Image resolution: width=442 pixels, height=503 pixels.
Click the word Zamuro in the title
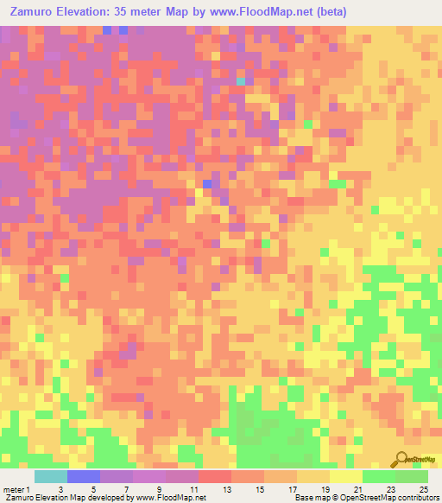tap(35, 12)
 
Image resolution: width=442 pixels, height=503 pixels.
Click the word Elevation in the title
tap(98, 12)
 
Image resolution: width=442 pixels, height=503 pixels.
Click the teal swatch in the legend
tap(50, 476)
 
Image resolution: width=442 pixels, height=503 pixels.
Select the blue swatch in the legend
tap(83, 476)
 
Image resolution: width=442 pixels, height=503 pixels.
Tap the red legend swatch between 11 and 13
tap(214, 476)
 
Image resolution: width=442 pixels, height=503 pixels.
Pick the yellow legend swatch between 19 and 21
tap(345, 476)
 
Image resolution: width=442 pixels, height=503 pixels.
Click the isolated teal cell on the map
tap(240, 81)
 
